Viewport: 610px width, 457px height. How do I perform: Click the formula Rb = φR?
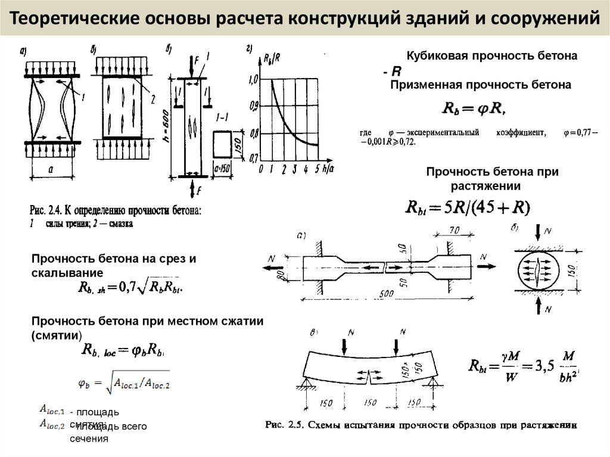474,108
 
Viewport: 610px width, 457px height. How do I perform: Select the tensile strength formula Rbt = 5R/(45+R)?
467,207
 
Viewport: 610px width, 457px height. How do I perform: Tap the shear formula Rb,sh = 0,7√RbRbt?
131,287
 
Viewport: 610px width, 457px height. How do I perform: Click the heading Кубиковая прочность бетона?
492,56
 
